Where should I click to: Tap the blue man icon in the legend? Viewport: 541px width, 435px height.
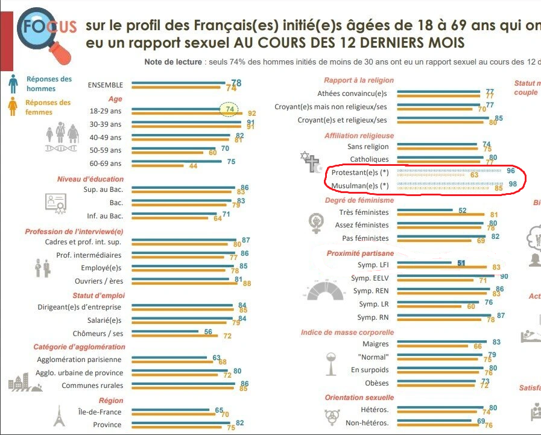coord(13,83)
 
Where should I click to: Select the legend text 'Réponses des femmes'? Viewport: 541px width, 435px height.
coord(48,107)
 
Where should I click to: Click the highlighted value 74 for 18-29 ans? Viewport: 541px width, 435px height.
coord(229,109)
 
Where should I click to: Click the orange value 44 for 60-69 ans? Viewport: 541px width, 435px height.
coord(194,166)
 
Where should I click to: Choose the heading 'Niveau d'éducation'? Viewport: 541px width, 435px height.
coord(90,179)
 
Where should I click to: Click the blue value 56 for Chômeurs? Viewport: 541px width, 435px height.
coord(209,331)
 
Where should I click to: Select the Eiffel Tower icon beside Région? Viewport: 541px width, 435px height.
coord(59,415)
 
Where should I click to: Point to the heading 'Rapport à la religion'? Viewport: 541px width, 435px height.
coord(359,80)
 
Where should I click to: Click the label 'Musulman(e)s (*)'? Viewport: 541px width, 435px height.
coord(360,185)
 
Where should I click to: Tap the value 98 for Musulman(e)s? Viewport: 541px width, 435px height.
coord(513,184)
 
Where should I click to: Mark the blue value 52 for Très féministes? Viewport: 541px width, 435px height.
coord(463,211)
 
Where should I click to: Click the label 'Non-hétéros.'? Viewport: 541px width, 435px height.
coord(367,423)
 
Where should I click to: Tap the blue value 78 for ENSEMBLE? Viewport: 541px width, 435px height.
coord(236,83)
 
